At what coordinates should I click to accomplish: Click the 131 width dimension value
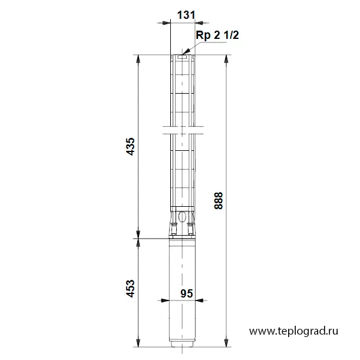(186, 15)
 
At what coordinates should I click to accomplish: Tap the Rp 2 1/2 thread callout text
(217, 35)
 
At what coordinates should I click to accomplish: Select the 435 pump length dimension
(131, 147)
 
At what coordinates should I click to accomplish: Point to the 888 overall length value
(219, 201)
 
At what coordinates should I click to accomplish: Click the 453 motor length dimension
(131, 288)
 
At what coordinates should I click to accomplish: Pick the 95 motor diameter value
(186, 293)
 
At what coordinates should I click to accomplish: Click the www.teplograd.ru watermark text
(293, 331)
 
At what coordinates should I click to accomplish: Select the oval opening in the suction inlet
(182, 217)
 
